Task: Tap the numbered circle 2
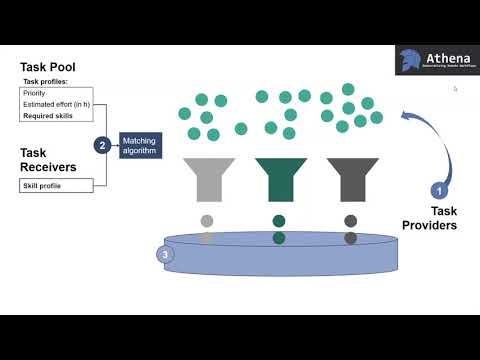click(102, 145)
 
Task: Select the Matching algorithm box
click(140, 146)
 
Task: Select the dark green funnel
click(279, 179)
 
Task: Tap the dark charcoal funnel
click(350, 179)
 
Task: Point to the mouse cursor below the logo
click(455, 88)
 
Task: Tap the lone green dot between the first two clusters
click(241, 128)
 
